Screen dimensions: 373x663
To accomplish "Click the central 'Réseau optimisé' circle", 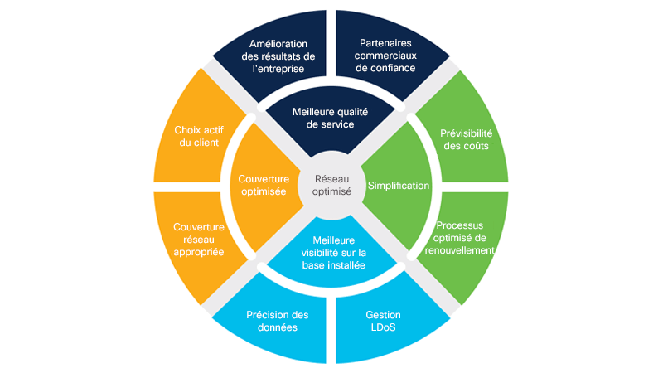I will click(331, 184).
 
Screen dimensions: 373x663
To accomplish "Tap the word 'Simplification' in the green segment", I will click(399, 186).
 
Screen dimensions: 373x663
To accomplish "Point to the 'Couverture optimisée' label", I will click(264, 185).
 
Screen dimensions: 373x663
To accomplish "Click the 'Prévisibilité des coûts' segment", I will click(464, 138).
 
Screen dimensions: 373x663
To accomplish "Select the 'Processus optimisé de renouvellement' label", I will click(459, 238).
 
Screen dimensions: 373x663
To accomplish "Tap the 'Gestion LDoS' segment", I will click(383, 321).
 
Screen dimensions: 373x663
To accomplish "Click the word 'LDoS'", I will click(383, 327).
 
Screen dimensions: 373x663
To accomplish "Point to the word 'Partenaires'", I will click(386, 43).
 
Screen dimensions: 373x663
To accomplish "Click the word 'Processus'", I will click(459, 225).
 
